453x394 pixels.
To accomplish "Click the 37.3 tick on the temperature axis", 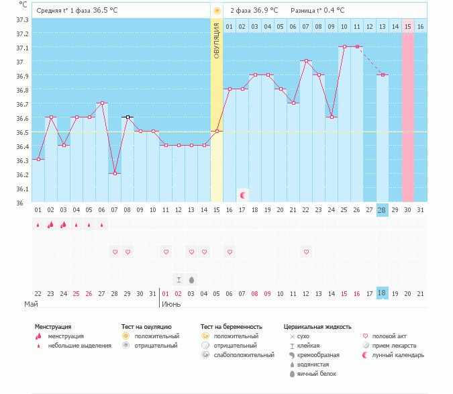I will (22, 19).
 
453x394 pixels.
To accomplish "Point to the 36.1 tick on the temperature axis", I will (22, 189).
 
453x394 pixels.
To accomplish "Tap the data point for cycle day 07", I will (115, 173).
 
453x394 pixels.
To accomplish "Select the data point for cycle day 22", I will (306, 60).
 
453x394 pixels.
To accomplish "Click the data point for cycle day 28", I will (383, 75).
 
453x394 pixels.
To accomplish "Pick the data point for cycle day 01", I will (38, 159).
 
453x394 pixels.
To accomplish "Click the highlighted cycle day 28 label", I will (382, 210).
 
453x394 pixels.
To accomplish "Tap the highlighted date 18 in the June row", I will (382, 293).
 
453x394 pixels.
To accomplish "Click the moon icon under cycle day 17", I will (243, 195).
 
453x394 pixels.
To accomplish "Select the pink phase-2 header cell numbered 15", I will (407, 26).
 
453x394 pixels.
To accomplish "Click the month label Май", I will (31, 305).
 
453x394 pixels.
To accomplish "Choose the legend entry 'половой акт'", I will (389, 336).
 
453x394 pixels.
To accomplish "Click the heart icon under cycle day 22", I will (306, 252).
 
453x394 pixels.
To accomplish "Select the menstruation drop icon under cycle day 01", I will (38, 225).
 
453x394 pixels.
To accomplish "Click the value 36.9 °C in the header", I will (267, 11).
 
